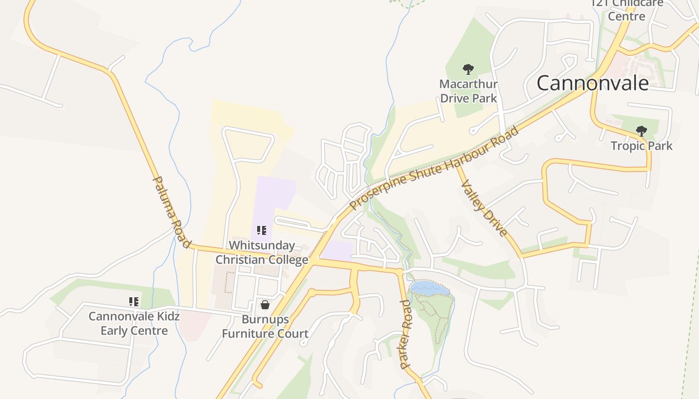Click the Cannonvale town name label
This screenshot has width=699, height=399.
[592, 83]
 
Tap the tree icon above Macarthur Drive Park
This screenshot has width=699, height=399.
[468, 69]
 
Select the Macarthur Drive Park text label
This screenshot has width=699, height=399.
[468, 91]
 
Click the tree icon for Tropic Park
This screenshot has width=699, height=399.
[642, 132]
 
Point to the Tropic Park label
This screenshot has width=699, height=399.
[642, 146]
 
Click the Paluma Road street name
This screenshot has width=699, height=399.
[171, 211]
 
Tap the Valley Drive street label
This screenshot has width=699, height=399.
[484, 208]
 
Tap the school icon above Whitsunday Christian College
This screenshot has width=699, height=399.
[262, 230]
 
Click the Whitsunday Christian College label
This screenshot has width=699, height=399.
[262, 253]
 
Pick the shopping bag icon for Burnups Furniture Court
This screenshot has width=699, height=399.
[265, 304]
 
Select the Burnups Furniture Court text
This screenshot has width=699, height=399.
[265, 327]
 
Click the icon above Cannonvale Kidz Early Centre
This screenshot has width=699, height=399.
[134, 301]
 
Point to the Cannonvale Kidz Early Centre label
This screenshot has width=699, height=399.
[134, 323]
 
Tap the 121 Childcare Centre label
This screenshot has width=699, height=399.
[627, 10]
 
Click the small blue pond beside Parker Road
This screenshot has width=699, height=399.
[429, 288]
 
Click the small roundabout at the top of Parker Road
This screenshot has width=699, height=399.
[399, 272]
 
